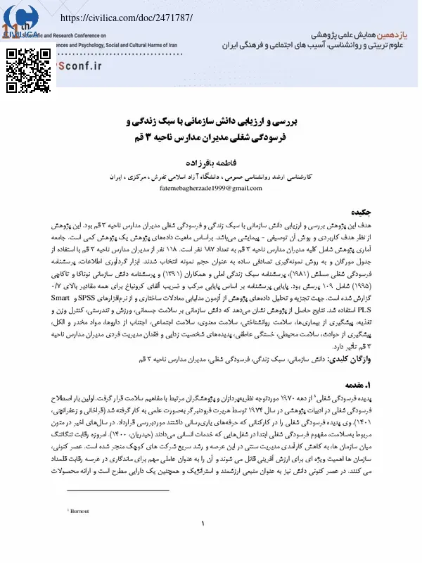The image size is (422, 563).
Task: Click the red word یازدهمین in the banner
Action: point(394,32)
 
